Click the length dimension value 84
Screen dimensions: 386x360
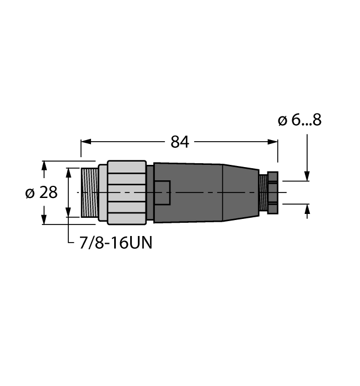tap(180, 142)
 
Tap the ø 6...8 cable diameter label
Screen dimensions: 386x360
tap(299, 120)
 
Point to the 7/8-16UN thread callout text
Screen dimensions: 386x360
tap(112, 243)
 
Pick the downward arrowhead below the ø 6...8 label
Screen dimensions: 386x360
tap(307, 175)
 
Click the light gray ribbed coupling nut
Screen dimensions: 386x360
tap(127, 192)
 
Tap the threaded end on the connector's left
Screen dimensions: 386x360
tap(89, 192)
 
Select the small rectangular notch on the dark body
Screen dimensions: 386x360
tap(162, 192)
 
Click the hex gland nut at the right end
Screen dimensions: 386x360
tap(273, 192)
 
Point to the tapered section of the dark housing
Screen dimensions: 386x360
tap(240, 192)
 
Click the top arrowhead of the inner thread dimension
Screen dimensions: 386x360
tap(68, 173)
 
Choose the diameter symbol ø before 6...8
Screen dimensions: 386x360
tap(282, 120)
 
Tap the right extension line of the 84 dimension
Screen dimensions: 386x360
tap(277, 154)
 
